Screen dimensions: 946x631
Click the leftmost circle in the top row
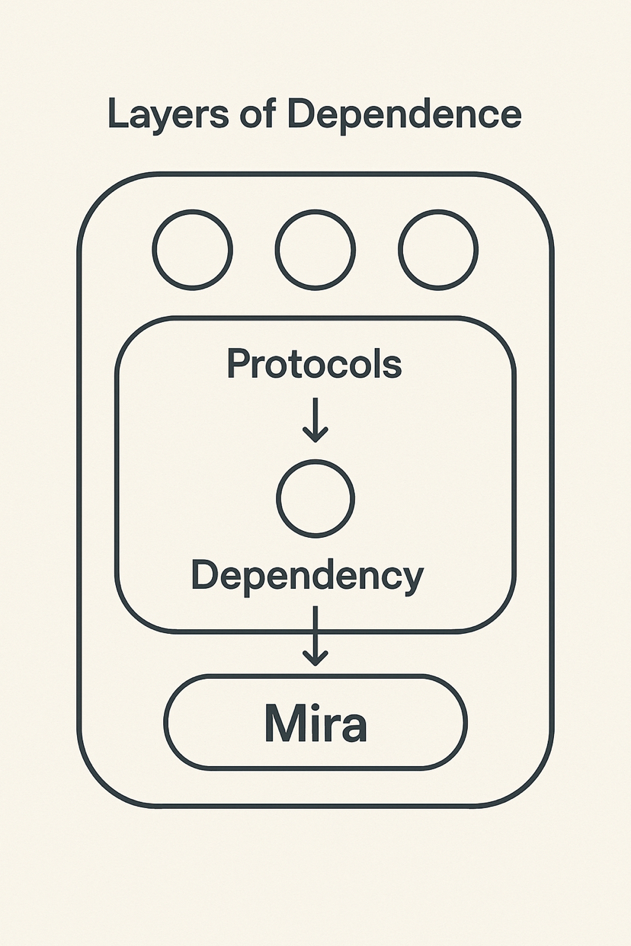[x=192, y=250]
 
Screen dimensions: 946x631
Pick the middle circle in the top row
[x=315, y=250]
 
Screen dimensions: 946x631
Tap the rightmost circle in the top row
[x=438, y=250]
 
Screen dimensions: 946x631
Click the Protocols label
[x=314, y=364]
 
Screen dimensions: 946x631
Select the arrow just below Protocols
[x=315, y=419]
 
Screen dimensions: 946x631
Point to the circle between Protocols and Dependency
[x=315, y=498]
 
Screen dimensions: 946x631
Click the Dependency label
[x=307, y=577]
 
